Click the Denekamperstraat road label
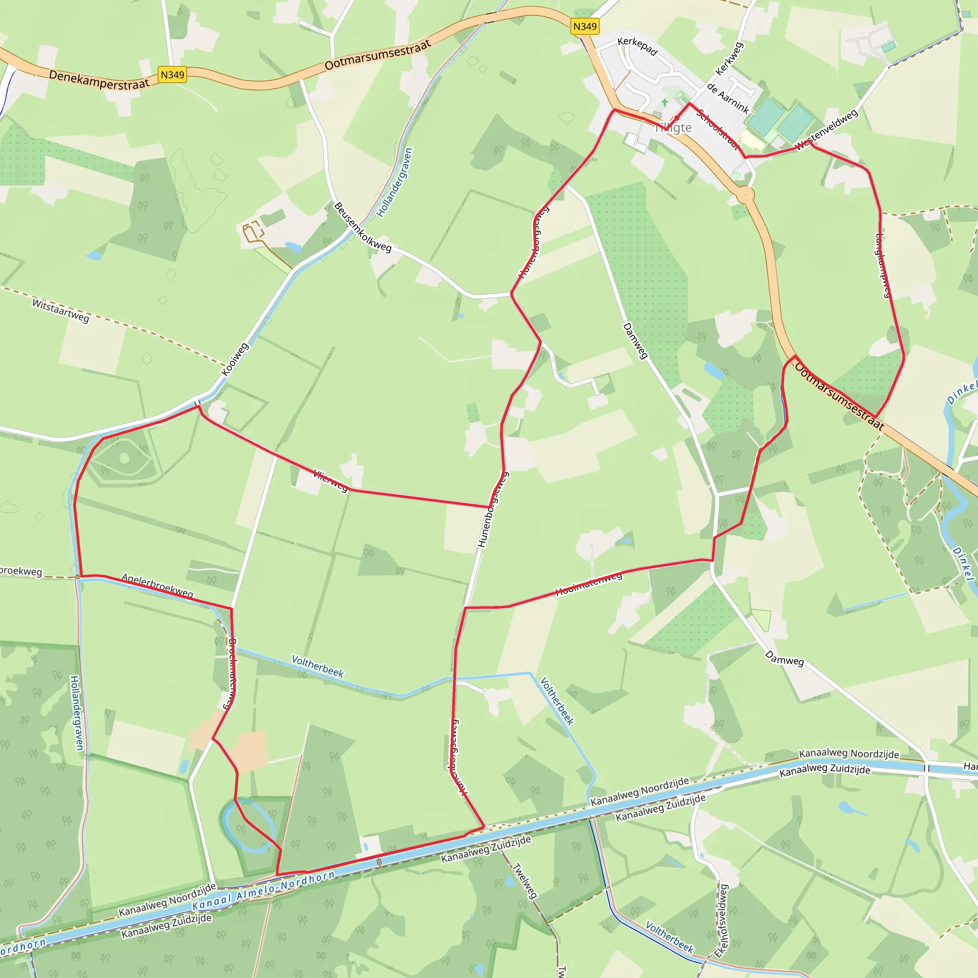pyautogui.click(x=99, y=80)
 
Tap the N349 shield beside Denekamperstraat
pyautogui.click(x=172, y=75)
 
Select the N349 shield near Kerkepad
pyautogui.click(x=585, y=26)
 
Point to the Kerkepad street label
pyautogui.click(x=638, y=47)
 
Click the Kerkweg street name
pyautogui.click(x=730, y=59)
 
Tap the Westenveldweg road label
pyautogui.click(x=827, y=130)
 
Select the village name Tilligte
pyautogui.click(x=673, y=128)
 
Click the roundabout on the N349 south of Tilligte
pyautogui.click(x=745, y=194)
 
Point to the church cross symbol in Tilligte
pyautogui.click(x=665, y=102)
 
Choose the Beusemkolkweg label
pyautogui.click(x=362, y=227)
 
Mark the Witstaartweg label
pyautogui.click(x=61, y=310)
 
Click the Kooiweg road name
pyautogui.click(x=235, y=360)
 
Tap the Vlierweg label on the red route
pyautogui.click(x=330, y=480)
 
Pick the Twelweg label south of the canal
pyautogui.click(x=525, y=880)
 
